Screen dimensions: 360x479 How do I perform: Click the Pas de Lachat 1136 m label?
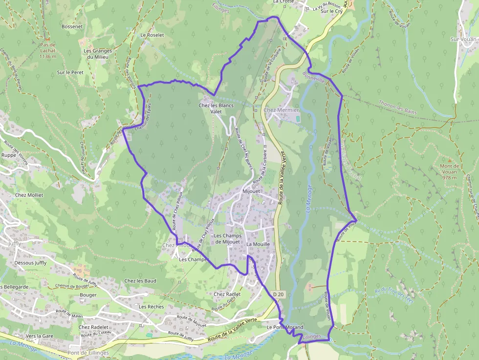[x=47, y=50]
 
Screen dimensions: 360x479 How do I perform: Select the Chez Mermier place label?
[x=281, y=110]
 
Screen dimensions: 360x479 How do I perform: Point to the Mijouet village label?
[x=252, y=192]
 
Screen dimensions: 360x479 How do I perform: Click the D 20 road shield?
[x=279, y=295]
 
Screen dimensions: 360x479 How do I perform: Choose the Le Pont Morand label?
[x=285, y=327]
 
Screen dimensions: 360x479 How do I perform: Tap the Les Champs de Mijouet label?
[x=228, y=238]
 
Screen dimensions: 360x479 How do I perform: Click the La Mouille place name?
[x=258, y=244]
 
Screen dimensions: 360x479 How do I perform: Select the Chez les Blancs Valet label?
[x=216, y=108]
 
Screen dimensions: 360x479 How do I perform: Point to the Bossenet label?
[x=72, y=27]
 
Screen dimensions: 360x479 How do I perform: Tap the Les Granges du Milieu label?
[x=98, y=54]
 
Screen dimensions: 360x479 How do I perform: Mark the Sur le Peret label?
[x=70, y=72]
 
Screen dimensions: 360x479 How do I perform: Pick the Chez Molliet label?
[x=29, y=195]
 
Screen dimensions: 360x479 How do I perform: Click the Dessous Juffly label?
[x=30, y=263]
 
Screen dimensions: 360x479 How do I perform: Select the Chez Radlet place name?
[x=227, y=295]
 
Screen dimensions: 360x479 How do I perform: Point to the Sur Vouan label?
[x=463, y=39]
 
